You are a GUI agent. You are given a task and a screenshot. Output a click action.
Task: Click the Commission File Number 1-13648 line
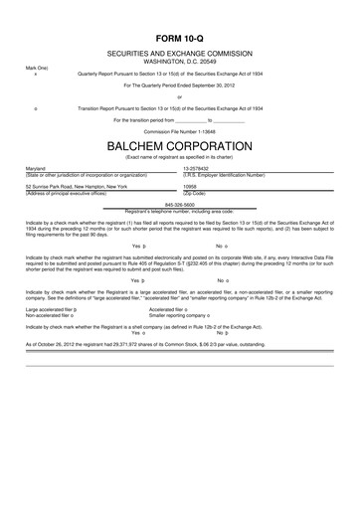coord(179,130)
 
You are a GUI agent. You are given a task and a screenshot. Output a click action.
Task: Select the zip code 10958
coord(191,186)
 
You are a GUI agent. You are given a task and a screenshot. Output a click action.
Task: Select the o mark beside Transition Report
coord(37,106)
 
